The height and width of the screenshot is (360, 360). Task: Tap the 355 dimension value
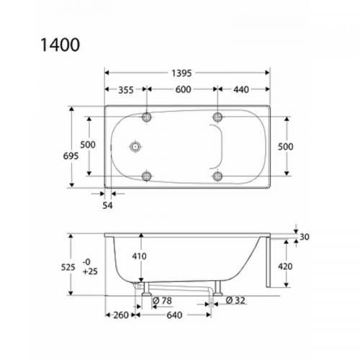[125, 90]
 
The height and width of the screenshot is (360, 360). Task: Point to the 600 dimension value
[183, 90]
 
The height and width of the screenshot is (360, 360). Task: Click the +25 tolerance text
[90, 273]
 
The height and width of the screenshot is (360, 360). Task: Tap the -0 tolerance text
[88, 261]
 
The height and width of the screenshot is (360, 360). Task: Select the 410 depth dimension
[140, 255]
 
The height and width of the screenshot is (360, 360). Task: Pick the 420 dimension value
[284, 264]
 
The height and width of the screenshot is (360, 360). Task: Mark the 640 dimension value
[174, 315]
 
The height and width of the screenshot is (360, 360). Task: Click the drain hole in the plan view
[133, 147]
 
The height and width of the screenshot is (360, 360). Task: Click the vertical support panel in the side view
[268, 263]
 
